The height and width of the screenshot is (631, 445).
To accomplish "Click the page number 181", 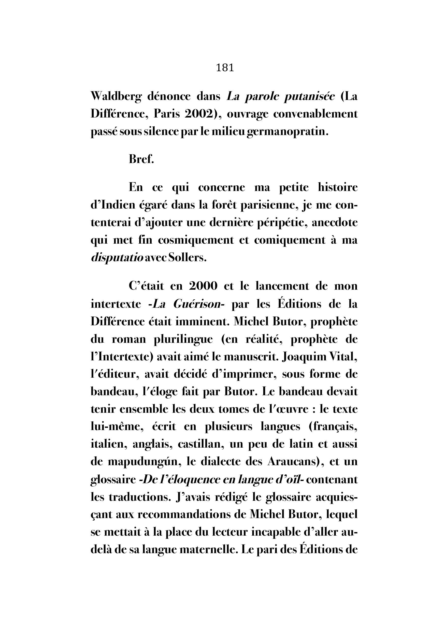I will (x=225, y=68).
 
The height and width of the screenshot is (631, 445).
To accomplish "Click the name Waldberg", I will (x=116, y=97).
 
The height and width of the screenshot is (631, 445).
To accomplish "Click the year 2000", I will (x=203, y=286).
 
